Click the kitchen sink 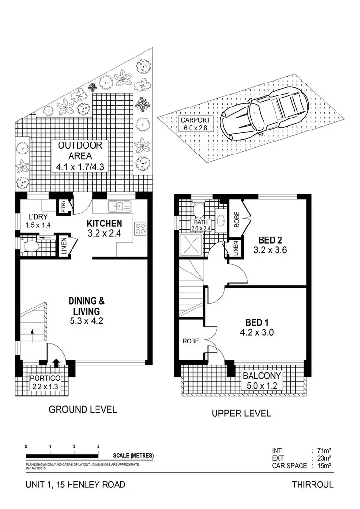[x=119, y=206]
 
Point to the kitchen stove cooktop [x=141, y=228]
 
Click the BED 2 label [x=270, y=240]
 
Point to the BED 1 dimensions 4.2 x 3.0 [x=257, y=332]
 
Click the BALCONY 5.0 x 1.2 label [x=262, y=380]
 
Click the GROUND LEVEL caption [x=83, y=409]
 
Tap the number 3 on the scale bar [x=98, y=446]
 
